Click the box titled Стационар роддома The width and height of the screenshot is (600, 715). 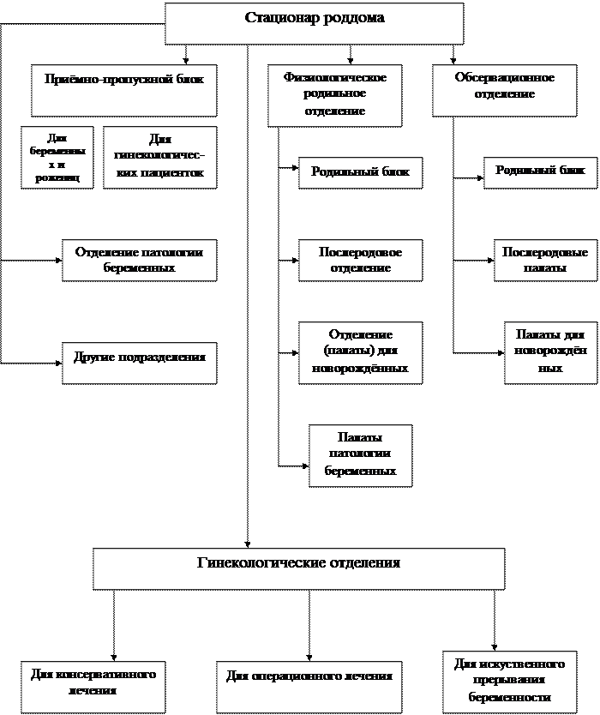pos(314,23)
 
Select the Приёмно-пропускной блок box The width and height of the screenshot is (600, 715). pos(123,90)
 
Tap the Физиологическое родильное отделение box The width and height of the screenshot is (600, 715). pos(334,94)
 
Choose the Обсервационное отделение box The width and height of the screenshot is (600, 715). pos(504,90)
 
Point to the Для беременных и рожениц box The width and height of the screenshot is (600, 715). pos(57,158)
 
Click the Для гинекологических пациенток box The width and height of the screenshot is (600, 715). pos(159,158)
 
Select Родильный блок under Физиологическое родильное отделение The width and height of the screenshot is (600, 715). pos(360,172)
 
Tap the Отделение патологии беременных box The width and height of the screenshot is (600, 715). pos(139,261)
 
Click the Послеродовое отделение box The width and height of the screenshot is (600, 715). pos(360,261)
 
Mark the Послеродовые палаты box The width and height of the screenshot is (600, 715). pos(545,261)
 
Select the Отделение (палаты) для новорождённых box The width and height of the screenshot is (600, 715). pos(360,351)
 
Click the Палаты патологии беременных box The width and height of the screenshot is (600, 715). pos(360,455)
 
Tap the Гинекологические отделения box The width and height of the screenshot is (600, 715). pos(298,568)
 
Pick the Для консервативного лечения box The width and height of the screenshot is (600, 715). pos(93,683)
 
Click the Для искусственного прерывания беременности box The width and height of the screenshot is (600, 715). pos(509,682)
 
